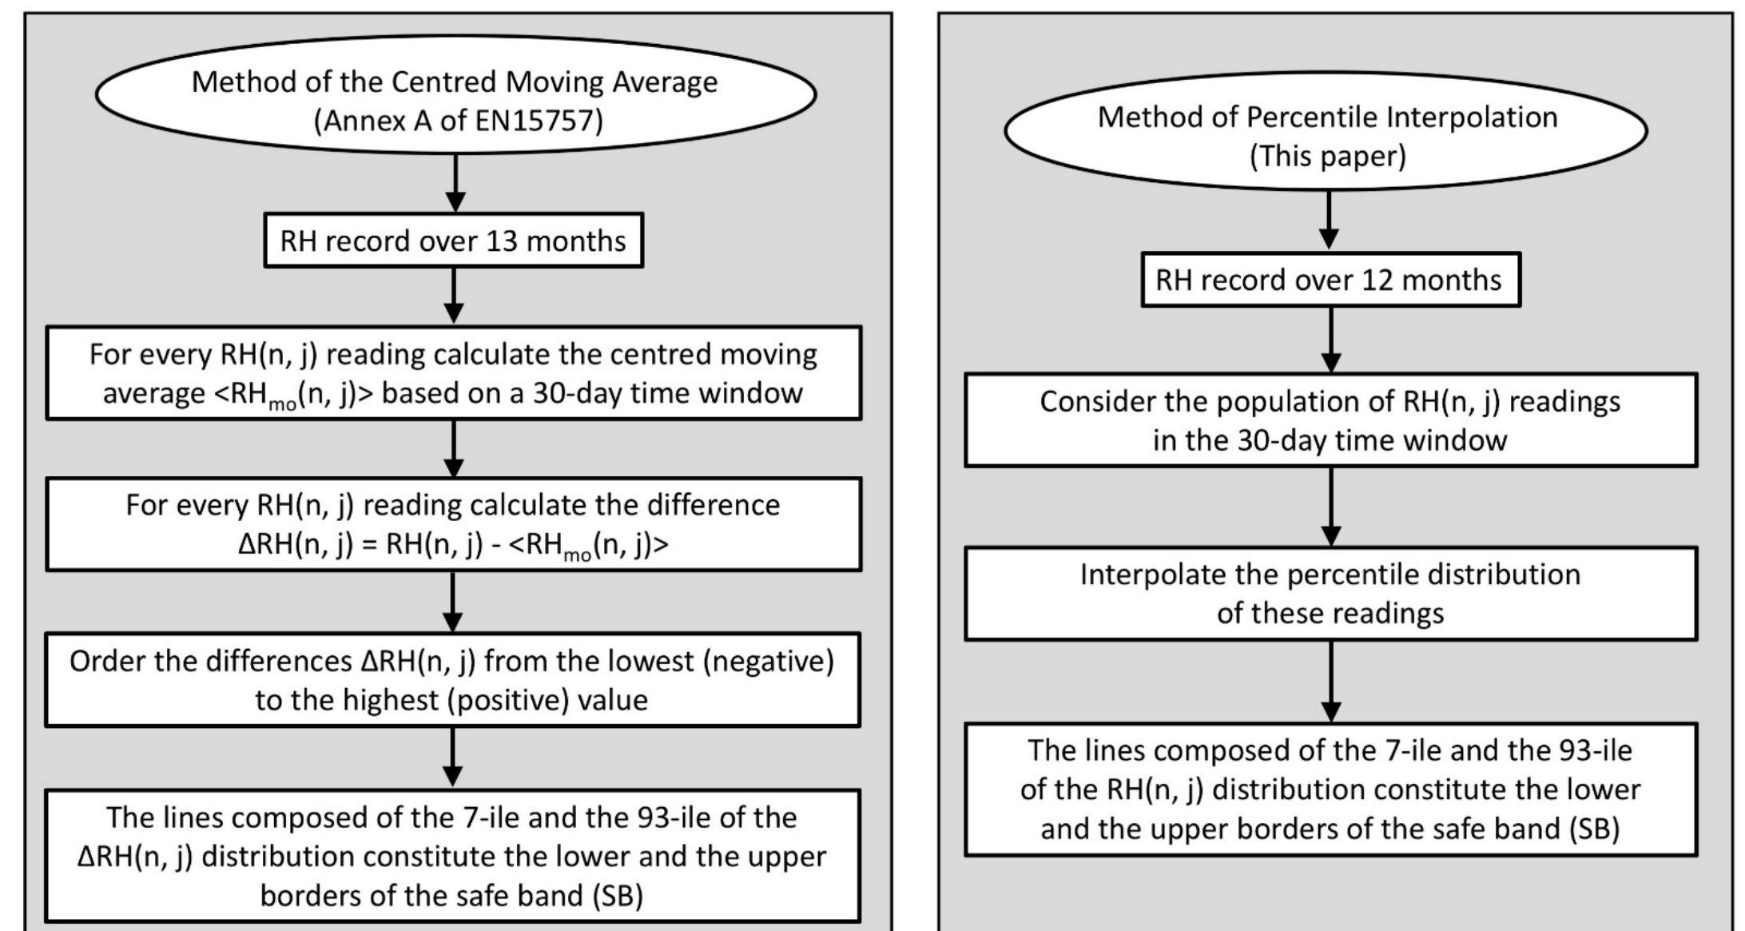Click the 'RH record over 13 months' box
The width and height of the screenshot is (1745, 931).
[x=453, y=241]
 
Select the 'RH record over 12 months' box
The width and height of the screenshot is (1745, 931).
[x=1330, y=280]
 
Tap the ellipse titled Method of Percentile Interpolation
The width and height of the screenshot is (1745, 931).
[x=1326, y=131]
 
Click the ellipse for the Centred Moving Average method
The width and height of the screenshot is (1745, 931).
[x=455, y=94]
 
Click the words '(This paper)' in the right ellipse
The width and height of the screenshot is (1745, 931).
[x=1327, y=156]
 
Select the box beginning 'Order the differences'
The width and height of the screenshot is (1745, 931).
[x=452, y=680]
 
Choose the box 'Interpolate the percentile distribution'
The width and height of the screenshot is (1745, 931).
[x=1330, y=594]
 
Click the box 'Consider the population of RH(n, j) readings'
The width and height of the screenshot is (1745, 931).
[x=1330, y=420]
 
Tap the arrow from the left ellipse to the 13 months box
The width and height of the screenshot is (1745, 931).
[x=455, y=184]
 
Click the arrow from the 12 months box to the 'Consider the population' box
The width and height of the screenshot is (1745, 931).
[x=1330, y=340]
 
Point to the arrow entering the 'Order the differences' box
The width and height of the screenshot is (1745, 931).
[x=453, y=603]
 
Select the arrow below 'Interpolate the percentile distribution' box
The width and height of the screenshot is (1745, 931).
[x=1330, y=682]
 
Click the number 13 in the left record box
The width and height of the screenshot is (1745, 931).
[x=502, y=241]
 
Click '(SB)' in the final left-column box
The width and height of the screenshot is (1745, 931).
[x=618, y=896]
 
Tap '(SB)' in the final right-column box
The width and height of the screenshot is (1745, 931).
[x=1593, y=829]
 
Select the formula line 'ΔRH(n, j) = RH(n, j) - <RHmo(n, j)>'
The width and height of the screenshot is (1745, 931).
[x=453, y=545]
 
